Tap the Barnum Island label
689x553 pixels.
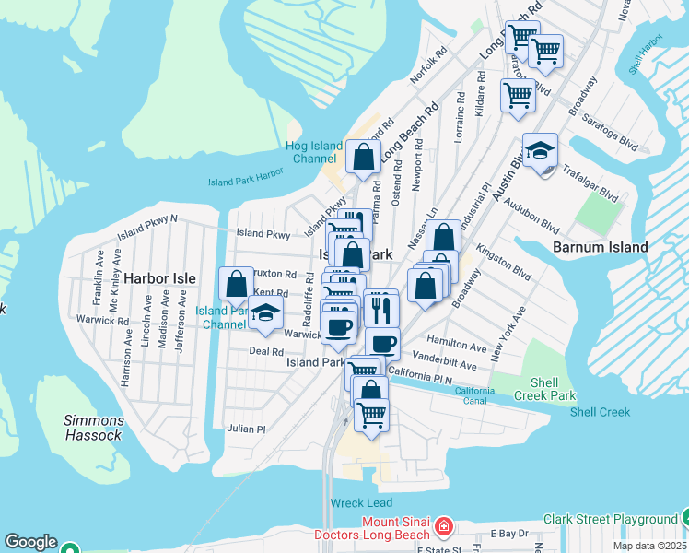coord(600,247)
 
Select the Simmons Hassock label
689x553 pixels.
coord(93,428)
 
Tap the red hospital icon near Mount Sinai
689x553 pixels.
coord(444,526)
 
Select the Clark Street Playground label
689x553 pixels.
coord(610,520)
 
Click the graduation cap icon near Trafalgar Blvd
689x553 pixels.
coord(540,150)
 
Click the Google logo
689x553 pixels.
coord(30,543)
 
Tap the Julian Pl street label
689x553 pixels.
coord(247,429)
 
